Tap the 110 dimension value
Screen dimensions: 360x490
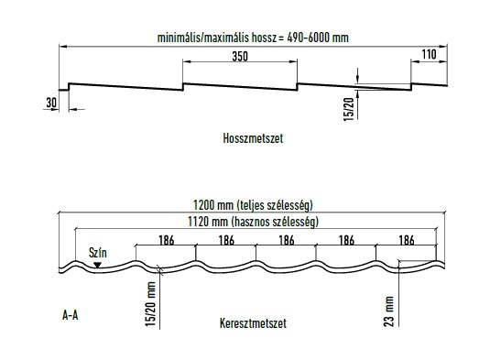pyautogui.click(x=428, y=55)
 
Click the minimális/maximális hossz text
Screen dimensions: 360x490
pyautogui.click(x=212, y=38)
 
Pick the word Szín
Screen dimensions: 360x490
pyautogui.click(x=97, y=250)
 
